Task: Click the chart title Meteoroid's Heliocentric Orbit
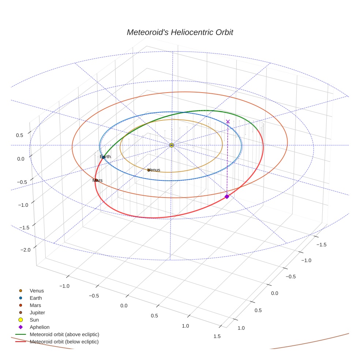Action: click(x=180, y=33)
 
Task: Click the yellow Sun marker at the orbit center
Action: click(x=172, y=145)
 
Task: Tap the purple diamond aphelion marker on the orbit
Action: click(x=227, y=196)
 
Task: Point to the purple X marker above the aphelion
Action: click(x=228, y=121)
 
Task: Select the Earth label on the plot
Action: click(x=105, y=157)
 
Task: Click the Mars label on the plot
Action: click(x=97, y=180)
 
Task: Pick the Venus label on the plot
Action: click(x=154, y=170)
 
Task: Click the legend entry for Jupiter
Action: click(x=37, y=313)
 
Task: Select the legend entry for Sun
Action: click(x=34, y=320)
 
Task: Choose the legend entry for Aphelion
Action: click(x=40, y=327)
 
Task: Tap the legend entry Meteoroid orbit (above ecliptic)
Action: click(x=64, y=334)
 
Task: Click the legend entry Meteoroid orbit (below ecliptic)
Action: click(x=64, y=342)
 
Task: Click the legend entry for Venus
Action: click(x=37, y=291)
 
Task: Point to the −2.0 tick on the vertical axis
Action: click(x=26, y=250)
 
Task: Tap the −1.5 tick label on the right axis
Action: click(x=322, y=244)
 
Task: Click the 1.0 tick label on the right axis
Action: click(x=241, y=328)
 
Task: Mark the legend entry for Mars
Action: click(x=35, y=305)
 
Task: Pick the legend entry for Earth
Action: click(x=36, y=298)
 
